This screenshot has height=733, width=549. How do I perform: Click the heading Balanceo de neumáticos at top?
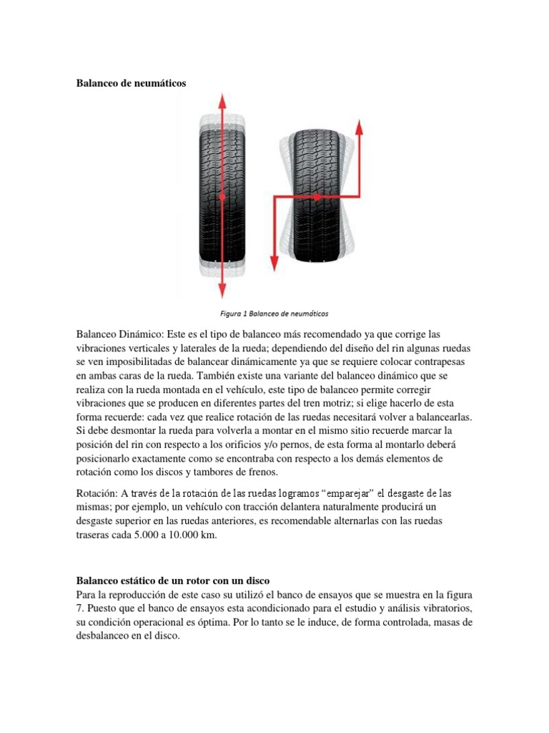pos(131,84)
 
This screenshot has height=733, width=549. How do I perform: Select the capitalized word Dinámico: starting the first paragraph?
pos(139,334)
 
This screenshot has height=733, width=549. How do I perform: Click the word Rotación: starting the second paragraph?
pos(97,494)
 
